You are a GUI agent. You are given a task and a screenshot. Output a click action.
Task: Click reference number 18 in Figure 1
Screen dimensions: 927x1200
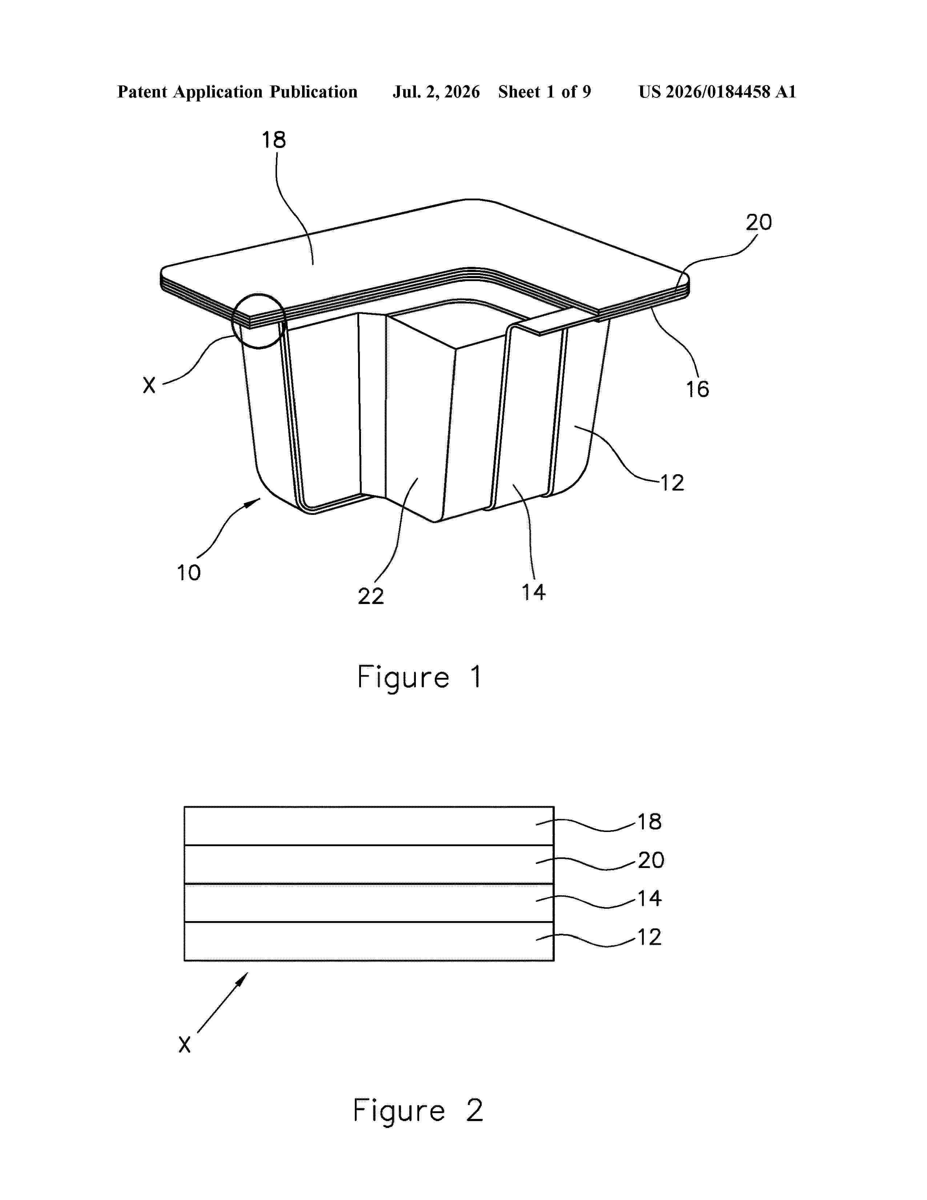[x=273, y=140]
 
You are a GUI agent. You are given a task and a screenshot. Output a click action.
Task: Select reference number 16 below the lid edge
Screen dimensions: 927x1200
[x=698, y=389]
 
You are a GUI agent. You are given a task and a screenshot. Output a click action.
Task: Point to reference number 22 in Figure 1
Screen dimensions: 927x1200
[x=371, y=596]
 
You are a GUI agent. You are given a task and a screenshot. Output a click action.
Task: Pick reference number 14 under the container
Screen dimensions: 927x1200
[x=533, y=592]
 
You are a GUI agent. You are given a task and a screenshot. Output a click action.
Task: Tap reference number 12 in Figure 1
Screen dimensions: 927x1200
[x=672, y=483]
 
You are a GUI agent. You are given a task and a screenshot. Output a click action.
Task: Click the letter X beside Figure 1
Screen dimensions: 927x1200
[x=149, y=385]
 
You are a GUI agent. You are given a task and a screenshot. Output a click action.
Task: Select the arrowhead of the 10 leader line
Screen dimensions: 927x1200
[x=254, y=502]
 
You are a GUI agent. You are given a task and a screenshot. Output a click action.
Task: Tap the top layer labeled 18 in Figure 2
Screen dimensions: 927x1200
[x=369, y=826]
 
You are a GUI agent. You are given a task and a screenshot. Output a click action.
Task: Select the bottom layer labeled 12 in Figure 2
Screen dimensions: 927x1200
[x=369, y=941]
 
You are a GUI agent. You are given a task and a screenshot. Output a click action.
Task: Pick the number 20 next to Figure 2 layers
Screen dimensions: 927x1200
[x=651, y=860]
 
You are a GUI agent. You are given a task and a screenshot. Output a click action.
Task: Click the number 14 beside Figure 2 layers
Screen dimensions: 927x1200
[x=649, y=898]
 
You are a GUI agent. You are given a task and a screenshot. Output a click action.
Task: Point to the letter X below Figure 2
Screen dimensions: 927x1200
[x=185, y=1044]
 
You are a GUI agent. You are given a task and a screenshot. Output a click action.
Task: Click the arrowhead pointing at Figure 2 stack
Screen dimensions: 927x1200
[x=243, y=979]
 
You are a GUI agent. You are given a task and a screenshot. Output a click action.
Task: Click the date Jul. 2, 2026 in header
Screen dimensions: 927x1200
[x=436, y=92]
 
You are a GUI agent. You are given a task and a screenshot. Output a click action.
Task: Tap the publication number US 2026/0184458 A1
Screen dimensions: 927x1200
[x=717, y=92]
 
